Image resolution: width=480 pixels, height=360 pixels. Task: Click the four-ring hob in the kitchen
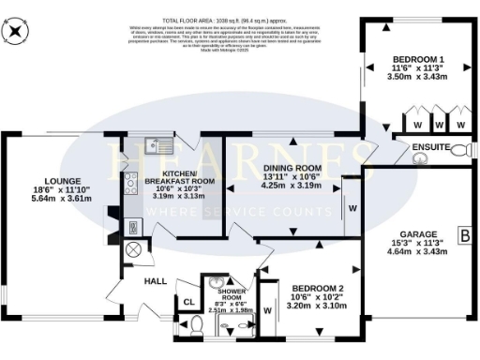pos(131,185)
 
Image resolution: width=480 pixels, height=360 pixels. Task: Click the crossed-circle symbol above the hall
pos(132,250)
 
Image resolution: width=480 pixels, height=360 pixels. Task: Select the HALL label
pos(155,280)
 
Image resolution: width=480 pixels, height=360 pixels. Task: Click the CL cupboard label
pos(187,303)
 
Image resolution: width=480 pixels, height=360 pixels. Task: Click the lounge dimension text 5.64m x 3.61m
pos(62,199)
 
